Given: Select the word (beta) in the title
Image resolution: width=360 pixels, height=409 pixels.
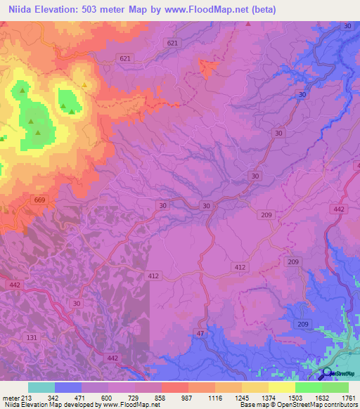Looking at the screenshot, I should click(x=260, y=10).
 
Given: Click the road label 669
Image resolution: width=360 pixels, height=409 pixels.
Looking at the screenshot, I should click(x=40, y=201).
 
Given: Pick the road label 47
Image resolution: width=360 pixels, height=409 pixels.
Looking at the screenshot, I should click(x=200, y=332).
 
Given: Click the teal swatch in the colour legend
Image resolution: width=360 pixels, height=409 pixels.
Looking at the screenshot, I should click(x=41, y=387).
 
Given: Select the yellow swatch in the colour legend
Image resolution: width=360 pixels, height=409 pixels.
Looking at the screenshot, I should click(x=282, y=387).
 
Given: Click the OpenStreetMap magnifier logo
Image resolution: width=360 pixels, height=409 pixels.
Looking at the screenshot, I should click(x=328, y=372).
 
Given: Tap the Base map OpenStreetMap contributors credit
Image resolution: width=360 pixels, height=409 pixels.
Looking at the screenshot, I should click(x=298, y=405).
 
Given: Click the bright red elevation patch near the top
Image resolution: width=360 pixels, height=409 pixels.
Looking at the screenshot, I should click(x=208, y=67).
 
